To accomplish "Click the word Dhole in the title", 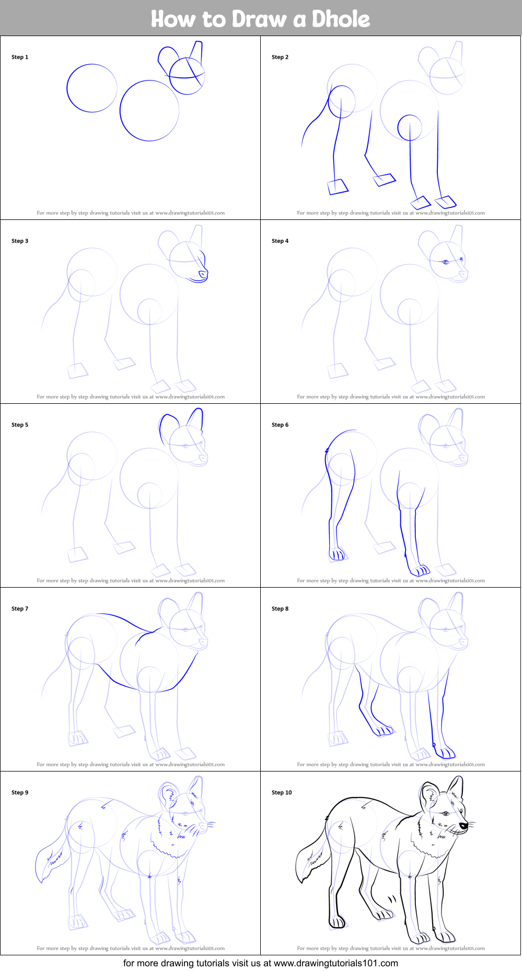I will click(341, 19).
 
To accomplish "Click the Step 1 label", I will click(20, 57).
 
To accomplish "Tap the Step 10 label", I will click(282, 792).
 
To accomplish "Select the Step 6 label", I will click(280, 425).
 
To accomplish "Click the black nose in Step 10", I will click(463, 826).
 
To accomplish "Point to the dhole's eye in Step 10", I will click(445, 814).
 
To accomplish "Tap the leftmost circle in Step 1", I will click(92, 88).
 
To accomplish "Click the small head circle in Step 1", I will click(187, 76).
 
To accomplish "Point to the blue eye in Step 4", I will click(446, 262).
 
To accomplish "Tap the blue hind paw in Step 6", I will click(337, 554).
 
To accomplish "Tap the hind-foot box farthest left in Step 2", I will click(338, 187).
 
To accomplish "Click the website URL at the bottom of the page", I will click(335, 963).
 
